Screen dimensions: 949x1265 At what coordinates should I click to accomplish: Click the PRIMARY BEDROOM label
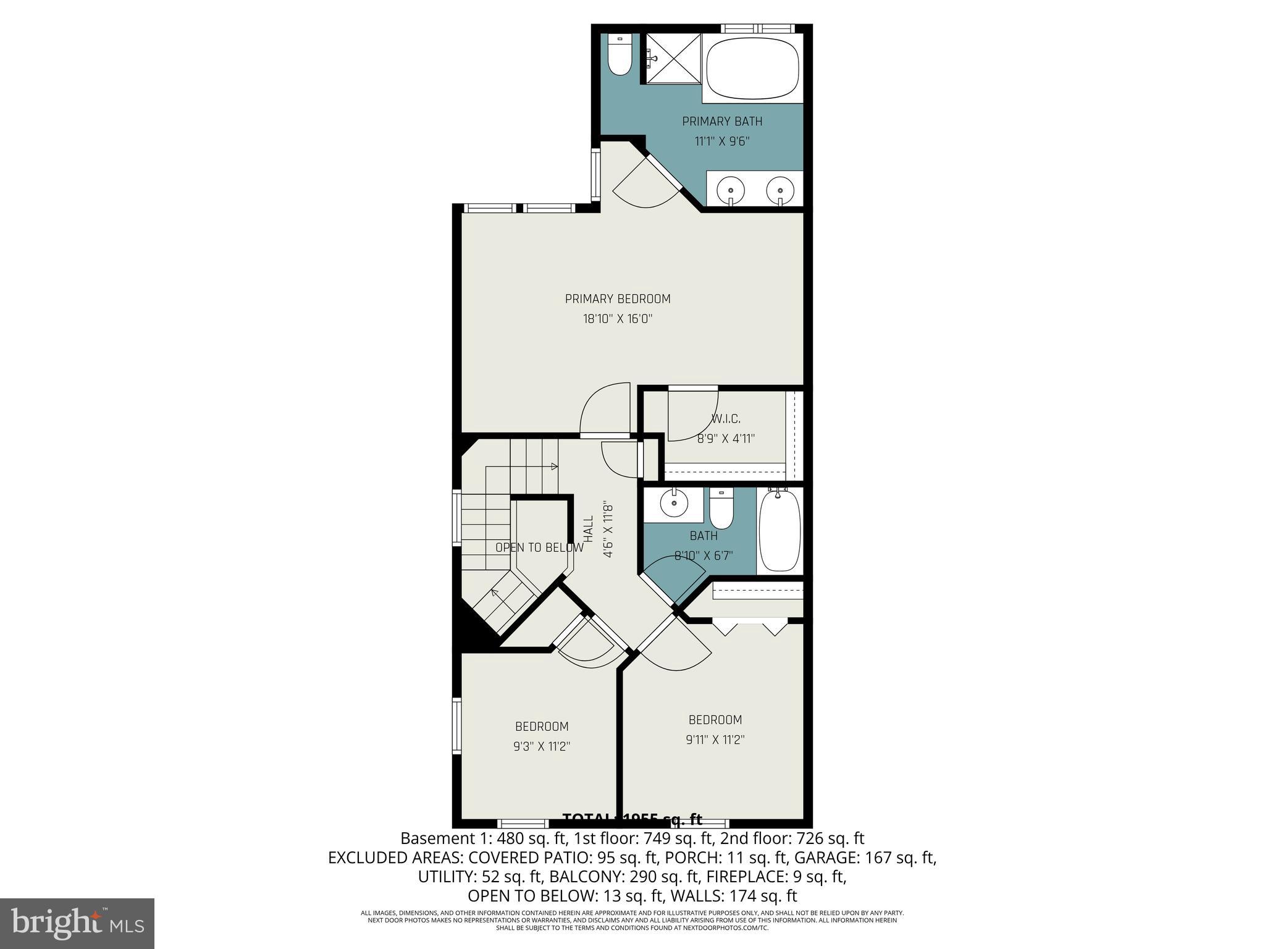pos(618,299)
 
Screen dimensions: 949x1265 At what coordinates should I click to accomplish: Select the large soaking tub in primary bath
pos(752,68)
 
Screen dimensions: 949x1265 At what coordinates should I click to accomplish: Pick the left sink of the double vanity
pos(732,187)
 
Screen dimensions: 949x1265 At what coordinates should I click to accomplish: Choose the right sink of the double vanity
pos(780,187)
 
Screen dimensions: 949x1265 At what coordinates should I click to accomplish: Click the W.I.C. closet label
pos(726,419)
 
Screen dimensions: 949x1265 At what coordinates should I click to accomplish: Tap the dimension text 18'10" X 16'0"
pos(618,319)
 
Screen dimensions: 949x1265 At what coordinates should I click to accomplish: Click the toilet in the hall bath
pos(721,509)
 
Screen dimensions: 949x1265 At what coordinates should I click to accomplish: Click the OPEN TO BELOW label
pos(539,547)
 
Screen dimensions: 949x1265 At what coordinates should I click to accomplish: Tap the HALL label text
pos(589,529)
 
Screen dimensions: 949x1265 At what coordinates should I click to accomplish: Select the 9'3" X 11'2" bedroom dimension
pos(541,746)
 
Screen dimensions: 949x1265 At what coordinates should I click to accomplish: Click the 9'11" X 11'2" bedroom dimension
pos(715,740)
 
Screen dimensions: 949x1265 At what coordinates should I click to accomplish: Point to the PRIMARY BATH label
pos(722,122)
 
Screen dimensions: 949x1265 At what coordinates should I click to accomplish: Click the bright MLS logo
pos(77,923)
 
